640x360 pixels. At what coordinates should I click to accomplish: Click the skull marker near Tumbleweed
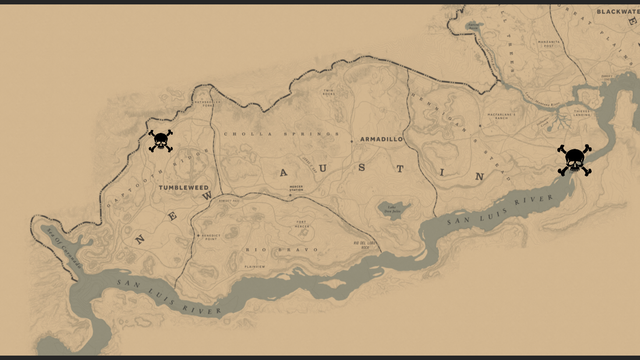(x=160, y=141)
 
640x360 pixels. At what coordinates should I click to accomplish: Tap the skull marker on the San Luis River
(x=574, y=160)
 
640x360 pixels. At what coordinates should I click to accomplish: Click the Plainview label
(x=254, y=266)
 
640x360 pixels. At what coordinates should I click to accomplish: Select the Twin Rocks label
(x=329, y=94)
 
